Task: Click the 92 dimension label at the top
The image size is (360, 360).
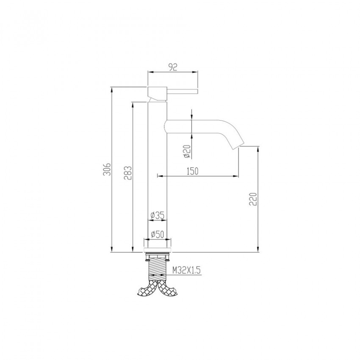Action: (x=173, y=67)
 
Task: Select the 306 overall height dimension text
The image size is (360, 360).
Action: (x=107, y=169)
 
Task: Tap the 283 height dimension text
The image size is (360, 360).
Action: (x=128, y=173)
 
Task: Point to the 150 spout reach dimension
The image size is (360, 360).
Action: (x=192, y=171)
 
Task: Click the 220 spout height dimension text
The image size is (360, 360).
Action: (x=253, y=199)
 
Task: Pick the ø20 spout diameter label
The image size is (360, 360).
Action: (x=187, y=152)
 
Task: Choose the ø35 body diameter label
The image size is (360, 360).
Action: (x=158, y=215)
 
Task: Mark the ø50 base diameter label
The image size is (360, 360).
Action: (x=158, y=234)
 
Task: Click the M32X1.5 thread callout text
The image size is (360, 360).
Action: (x=187, y=270)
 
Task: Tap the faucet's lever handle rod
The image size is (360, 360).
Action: (x=182, y=91)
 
